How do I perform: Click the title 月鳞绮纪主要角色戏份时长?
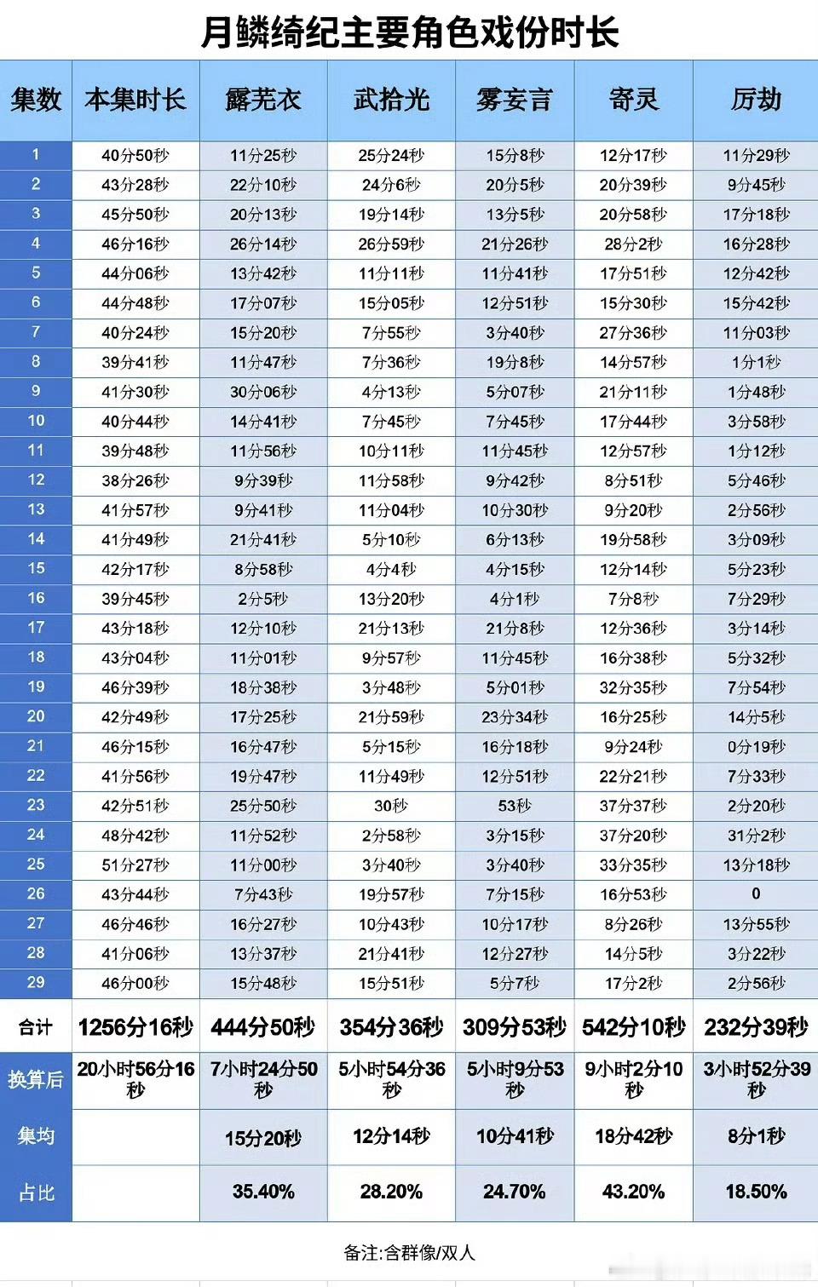[x=409, y=32]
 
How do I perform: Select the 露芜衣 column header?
[x=262, y=101]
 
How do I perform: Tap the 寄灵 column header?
[x=633, y=101]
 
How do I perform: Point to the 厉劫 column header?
[x=756, y=101]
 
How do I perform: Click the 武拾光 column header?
[x=391, y=101]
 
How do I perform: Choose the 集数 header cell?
[x=36, y=101]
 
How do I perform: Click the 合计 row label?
[x=36, y=1027]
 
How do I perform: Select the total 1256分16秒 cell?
[x=135, y=1027]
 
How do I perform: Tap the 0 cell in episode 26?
[x=756, y=893]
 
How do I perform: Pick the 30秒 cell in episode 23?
[x=391, y=806]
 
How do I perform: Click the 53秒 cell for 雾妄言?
[x=515, y=806]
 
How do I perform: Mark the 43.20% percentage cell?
[x=633, y=1192]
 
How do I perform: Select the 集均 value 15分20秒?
[x=262, y=1138]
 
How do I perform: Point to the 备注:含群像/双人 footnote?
[x=409, y=1253]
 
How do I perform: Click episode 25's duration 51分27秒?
[x=135, y=865]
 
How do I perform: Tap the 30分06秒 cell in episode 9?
[x=262, y=392]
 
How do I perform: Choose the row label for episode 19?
[x=36, y=687]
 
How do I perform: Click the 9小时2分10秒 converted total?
[x=633, y=1079]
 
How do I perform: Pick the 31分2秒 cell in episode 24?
[x=756, y=836]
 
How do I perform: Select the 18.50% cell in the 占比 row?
[x=756, y=1192]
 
